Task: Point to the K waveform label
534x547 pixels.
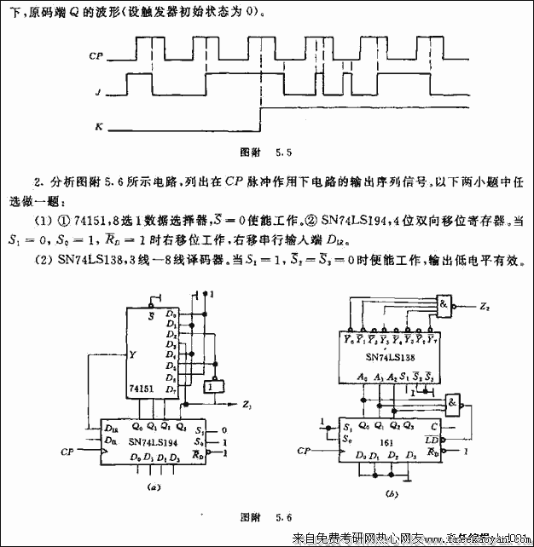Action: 99,127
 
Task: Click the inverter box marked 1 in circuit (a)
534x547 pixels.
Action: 210,388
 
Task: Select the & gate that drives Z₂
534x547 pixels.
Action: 444,303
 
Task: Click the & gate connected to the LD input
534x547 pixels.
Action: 452,404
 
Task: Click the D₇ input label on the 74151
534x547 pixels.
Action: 172,390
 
